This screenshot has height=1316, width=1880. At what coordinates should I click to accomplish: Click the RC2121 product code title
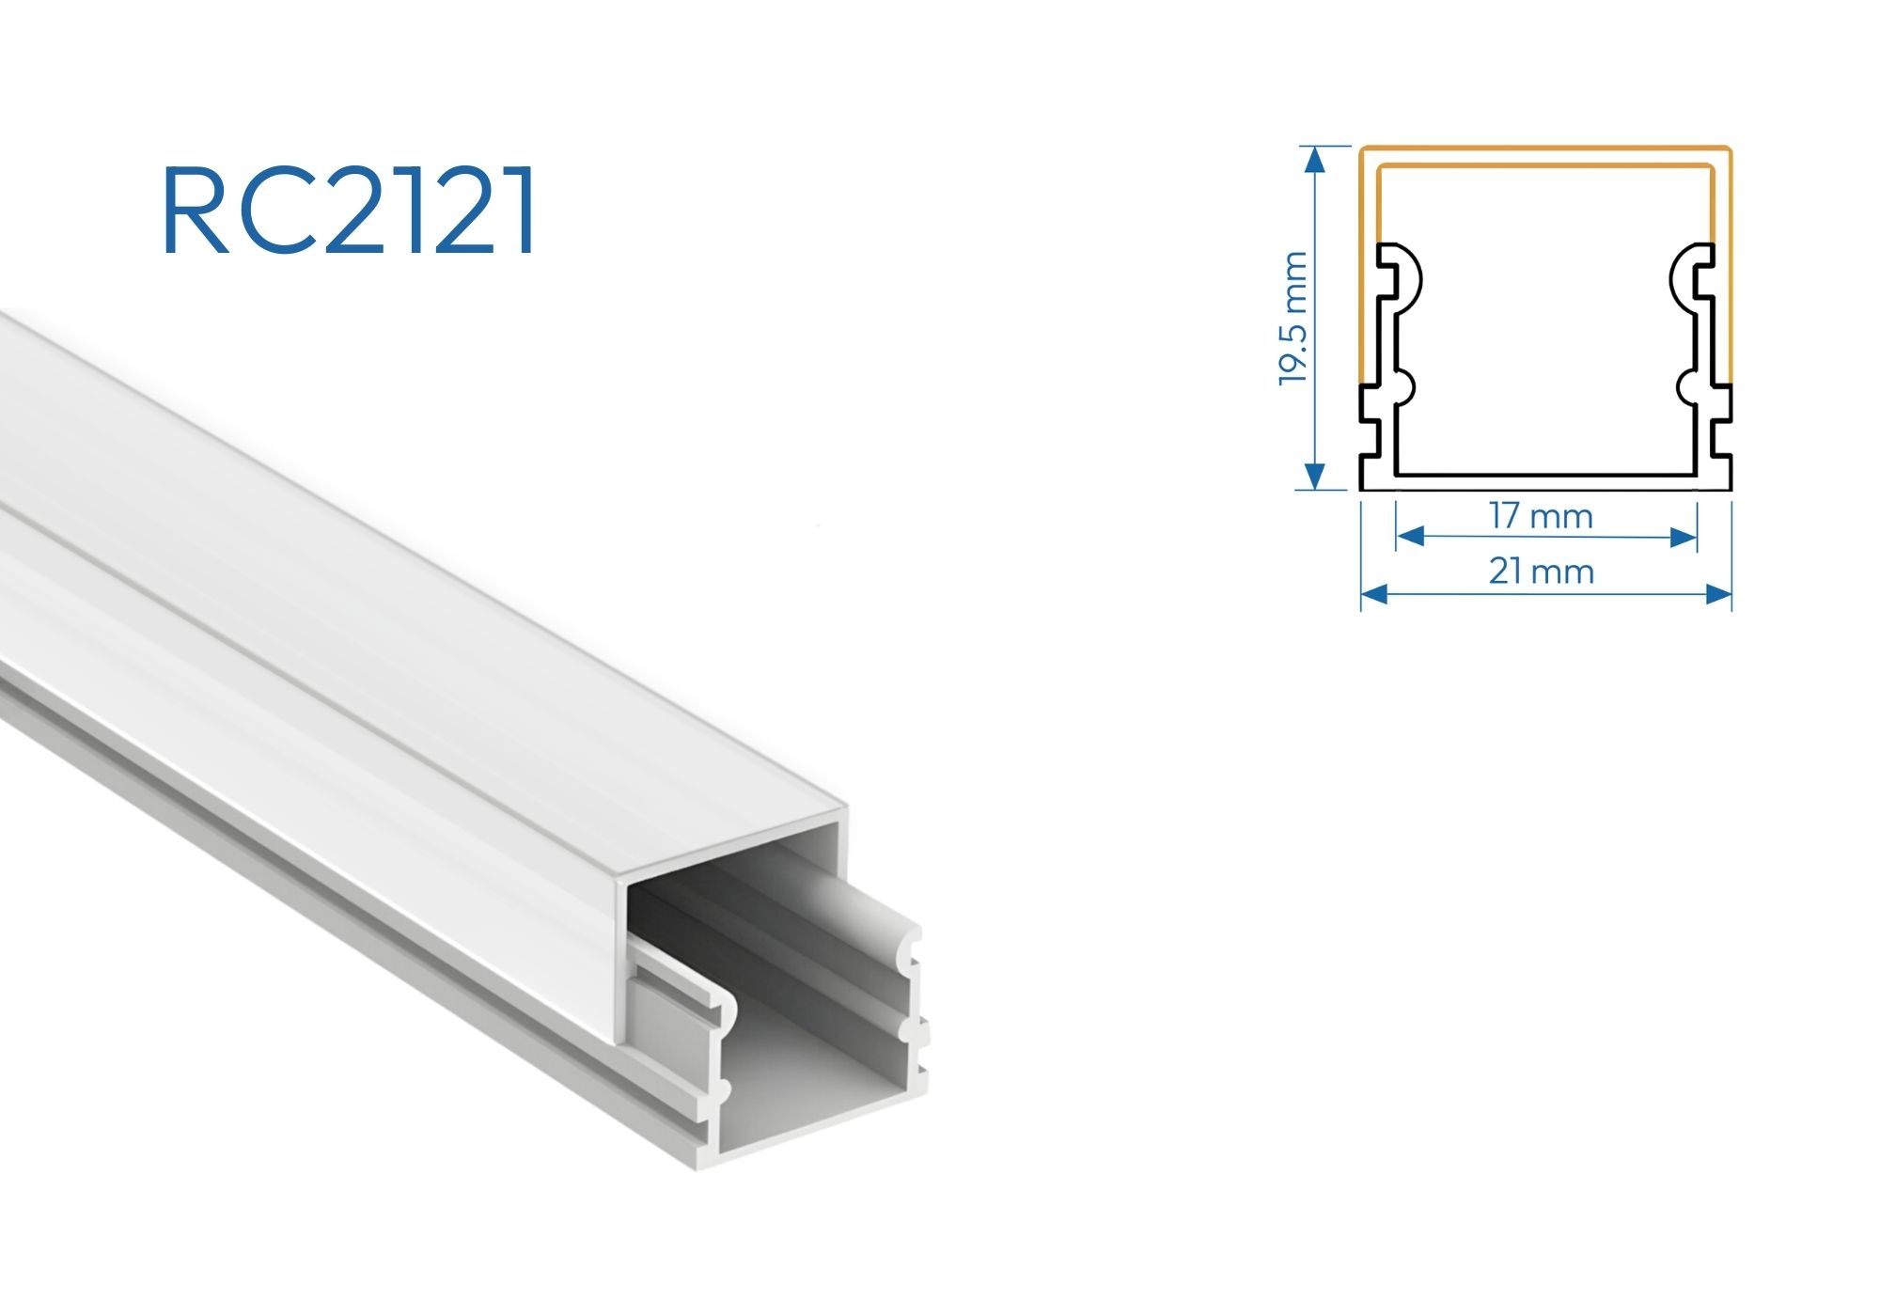tap(350, 211)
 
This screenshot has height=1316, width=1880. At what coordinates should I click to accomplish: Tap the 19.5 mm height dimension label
tap(1293, 318)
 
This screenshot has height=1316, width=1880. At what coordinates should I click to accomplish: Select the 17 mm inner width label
tap(1541, 516)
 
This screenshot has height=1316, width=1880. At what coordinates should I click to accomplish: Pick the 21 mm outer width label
tap(1542, 572)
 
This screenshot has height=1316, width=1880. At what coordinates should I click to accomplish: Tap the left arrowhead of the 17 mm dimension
tap(1410, 537)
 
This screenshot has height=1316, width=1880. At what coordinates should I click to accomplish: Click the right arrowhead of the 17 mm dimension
tap(1684, 537)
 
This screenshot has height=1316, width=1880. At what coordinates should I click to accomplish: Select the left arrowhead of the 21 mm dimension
tap(1374, 593)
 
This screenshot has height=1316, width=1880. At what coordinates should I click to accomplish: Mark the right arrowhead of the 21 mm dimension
tap(1718, 593)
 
